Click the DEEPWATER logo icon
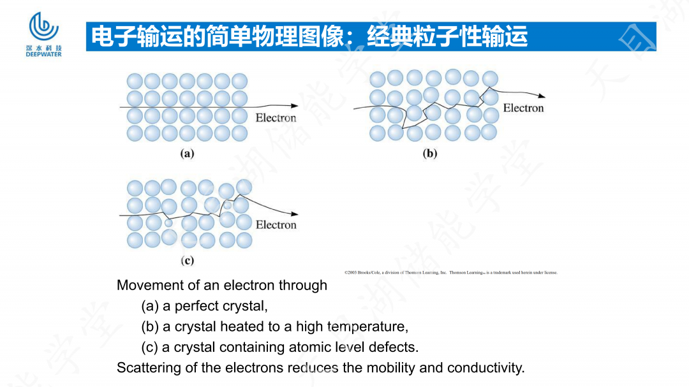click(44, 27)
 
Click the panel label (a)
click(187, 153)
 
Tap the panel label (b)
click(430, 153)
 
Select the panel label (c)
click(187, 260)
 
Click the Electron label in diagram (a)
click(276, 118)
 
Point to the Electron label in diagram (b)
click(523, 108)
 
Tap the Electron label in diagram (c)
click(276, 225)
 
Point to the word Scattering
click(145, 368)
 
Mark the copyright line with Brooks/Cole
click(450, 272)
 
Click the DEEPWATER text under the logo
click(44, 54)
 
